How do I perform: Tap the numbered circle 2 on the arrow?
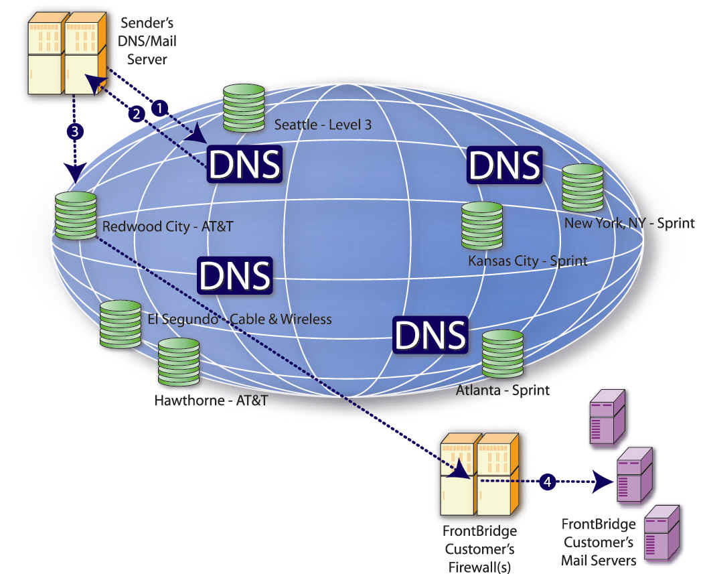click(137, 114)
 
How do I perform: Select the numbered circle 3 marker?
click(75, 131)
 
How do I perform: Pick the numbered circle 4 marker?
click(548, 481)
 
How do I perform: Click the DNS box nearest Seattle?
click(244, 163)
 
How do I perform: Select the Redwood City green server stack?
click(75, 216)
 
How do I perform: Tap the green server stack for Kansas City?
click(481, 226)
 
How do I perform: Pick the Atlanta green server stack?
click(503, 354)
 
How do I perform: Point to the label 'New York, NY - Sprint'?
click(629, 223)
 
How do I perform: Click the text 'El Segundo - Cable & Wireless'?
click(240, 319)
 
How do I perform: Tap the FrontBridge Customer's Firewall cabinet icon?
click(479, 474)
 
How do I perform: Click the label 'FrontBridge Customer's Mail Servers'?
click(599, 542)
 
